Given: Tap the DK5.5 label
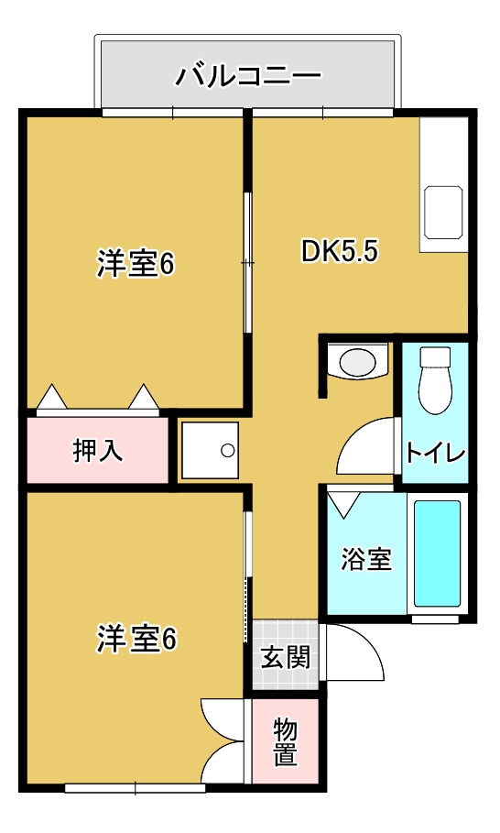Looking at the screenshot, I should point(340,251).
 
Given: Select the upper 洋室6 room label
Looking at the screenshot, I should point(136,264).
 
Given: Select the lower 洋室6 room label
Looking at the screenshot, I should point(136,639).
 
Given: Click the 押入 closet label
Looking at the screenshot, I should point(98,450).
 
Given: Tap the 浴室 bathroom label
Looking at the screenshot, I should point(366,560).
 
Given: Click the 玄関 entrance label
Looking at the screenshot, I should point(287,657).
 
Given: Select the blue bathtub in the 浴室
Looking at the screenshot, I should point(437,554).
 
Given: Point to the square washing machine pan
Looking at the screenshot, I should point(209,450).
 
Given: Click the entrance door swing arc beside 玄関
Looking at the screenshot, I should point(355,652).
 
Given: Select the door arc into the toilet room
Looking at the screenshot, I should point(367,447).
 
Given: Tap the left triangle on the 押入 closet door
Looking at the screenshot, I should point(52,398).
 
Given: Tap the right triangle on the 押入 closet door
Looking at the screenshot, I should point(144,398).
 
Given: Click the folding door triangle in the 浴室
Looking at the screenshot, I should point(344,504).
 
